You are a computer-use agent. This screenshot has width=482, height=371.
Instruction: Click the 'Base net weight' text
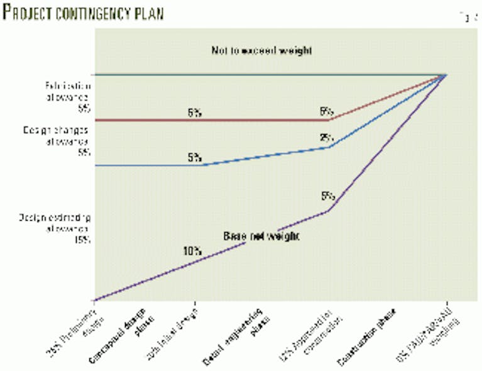[x=261, y=236]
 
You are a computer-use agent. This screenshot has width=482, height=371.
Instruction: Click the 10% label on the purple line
[x=192, y=250]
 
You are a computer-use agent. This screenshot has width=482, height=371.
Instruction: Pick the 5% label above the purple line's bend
[x=326, y=196]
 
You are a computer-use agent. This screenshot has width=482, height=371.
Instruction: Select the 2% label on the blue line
[x=326, y=138]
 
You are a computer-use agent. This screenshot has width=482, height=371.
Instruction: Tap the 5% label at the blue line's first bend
[x=194, y=157]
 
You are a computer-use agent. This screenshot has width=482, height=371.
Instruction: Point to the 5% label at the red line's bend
[x=326, y=111]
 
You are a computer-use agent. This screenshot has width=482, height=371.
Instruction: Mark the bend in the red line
[x=330, y=119]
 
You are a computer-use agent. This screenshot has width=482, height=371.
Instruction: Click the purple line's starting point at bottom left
[x=94, y=301]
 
